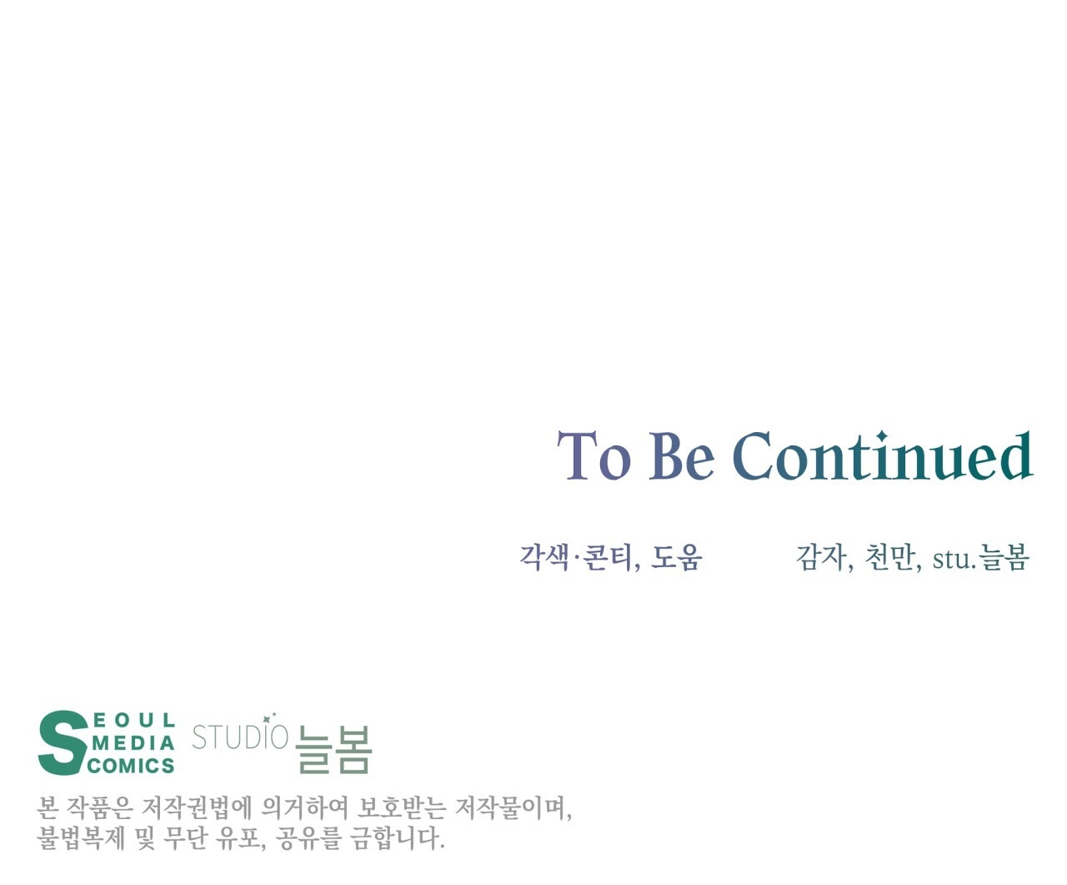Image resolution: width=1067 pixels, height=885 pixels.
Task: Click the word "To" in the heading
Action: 594,455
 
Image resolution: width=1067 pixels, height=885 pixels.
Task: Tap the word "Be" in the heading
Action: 682,455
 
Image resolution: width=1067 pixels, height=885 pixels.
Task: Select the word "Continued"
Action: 883,455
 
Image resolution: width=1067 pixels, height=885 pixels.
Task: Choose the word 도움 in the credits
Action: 677,557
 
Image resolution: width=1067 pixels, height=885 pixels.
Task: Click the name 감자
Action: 821,557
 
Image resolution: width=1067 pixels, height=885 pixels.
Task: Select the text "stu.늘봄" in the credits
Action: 980,557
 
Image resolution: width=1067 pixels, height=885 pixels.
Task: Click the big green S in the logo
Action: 63,743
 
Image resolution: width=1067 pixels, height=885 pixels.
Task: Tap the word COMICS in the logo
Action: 132,766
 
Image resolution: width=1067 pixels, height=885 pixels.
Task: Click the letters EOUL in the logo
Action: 135,721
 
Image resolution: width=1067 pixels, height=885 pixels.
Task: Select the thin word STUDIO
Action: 240,737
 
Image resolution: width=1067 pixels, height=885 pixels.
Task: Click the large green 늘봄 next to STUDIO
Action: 333,749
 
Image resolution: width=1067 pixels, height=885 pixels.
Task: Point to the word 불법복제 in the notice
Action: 81,838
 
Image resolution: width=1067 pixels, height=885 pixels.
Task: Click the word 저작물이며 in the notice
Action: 513,808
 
